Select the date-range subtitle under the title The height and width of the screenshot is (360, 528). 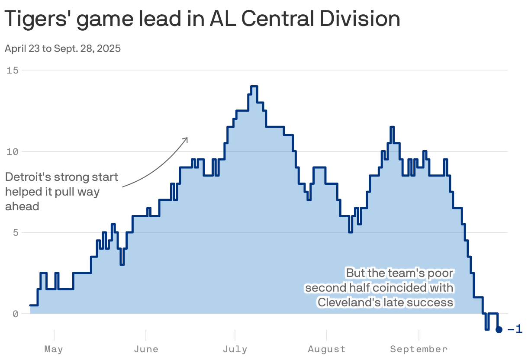[x=63, y=48]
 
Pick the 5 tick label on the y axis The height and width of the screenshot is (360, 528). [x=15, y=233]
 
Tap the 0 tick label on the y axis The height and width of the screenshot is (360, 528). [x=15, y=314]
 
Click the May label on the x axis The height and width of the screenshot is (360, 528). [x=54, y=349]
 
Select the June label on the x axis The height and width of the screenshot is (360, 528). [x=146, y=349]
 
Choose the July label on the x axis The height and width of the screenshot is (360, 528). [x=235, y=349]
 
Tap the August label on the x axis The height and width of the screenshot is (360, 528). [x=327, y=349]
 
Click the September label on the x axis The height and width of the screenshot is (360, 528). [x=419, y=349]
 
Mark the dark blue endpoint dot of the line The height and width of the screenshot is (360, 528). [x=499, y=330]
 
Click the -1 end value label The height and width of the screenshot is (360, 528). [x=515, y=330]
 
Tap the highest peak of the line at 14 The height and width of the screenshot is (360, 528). [x=254, y=87]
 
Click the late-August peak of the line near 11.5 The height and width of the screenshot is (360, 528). [x=392, y=127]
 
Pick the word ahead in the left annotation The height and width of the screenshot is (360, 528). [x=22, y=206]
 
